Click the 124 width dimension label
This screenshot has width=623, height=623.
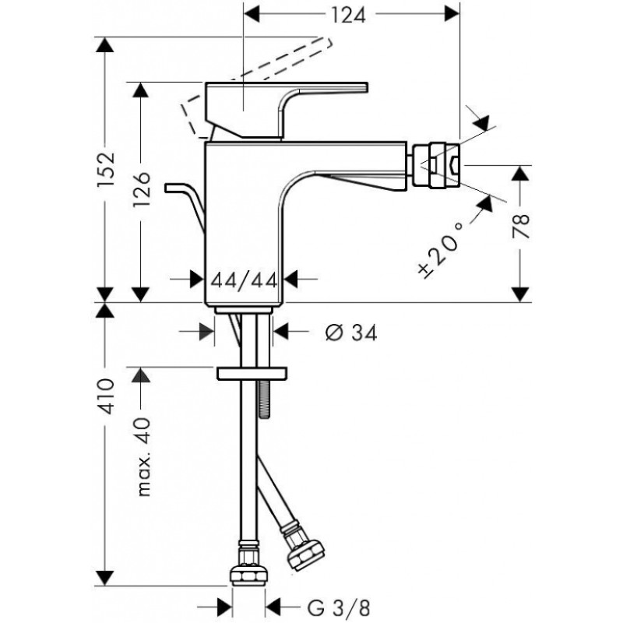click(x=348, y=16)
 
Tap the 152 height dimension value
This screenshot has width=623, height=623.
click(x=106, y=168)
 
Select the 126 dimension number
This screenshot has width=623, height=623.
click(x=142, y=189)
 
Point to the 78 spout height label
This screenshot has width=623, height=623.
click(x=521, y=226)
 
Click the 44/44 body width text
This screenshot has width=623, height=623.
click(x=244, y=281)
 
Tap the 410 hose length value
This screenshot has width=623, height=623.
click(x=106, y=396)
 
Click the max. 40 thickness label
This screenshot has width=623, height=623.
click(x=144, y=457)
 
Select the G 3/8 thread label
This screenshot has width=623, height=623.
click(x=339, y=608)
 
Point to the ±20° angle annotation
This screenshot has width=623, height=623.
click(x=441, y=249)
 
